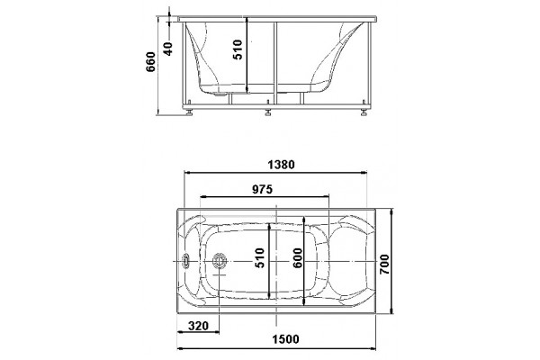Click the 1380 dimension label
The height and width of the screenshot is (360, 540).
(x=281, y=165)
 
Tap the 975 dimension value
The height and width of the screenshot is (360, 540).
(x=262, y=189)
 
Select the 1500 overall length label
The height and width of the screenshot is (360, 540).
(x=285, y=339)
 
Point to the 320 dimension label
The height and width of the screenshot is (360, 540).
(x=199, y=326)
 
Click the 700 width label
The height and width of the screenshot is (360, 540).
(x=384, y=265)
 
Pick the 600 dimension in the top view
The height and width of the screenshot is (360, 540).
(x=298, y=258)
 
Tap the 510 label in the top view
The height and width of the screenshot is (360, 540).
(x=260, y=258)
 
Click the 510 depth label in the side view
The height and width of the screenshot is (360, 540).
(x=238, y=50)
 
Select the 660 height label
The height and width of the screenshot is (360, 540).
(x=151, y=62)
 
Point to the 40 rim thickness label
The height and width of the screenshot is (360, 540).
(x=167, y=49)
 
